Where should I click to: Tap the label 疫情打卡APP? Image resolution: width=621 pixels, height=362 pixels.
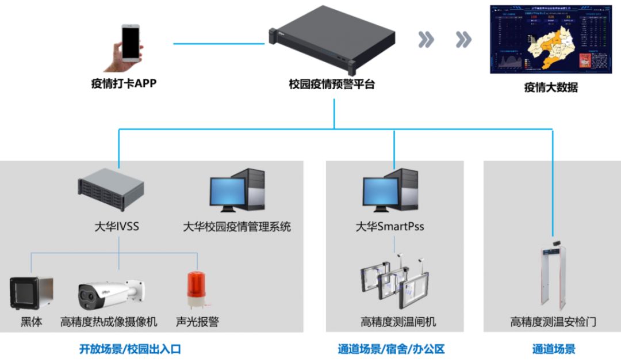124,83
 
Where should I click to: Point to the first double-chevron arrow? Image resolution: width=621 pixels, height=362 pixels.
426,40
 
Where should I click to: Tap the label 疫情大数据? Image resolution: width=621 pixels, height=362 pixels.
551,88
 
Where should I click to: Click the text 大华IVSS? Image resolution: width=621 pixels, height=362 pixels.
117,226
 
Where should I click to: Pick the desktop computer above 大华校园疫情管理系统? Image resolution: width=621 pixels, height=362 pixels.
237,190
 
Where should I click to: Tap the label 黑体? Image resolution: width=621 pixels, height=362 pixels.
32,322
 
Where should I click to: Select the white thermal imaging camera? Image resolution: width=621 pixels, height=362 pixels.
109,294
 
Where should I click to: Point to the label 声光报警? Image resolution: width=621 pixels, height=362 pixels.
197,322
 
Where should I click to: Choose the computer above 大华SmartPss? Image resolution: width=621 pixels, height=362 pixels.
389,190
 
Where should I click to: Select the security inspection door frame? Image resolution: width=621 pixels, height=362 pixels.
553,276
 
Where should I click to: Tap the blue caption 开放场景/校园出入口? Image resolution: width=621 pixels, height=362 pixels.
130,349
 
